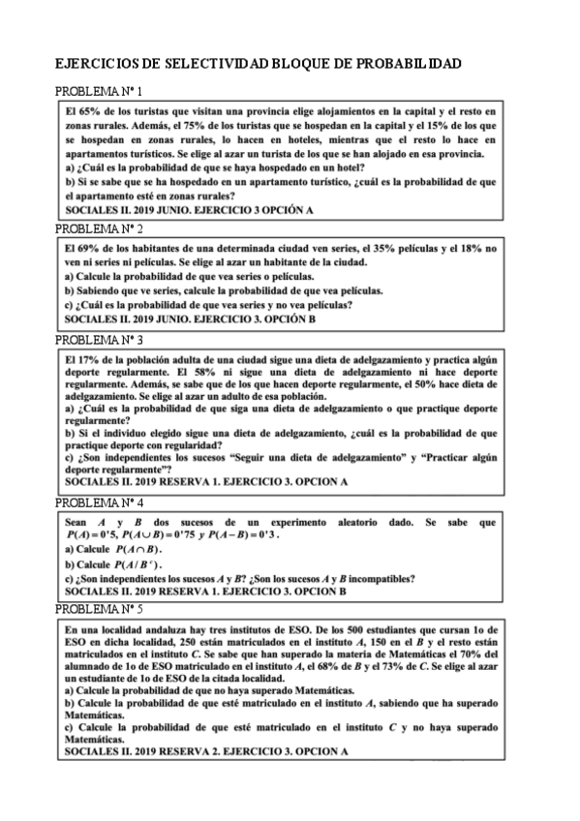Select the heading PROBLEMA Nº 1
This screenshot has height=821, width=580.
click(100, 92)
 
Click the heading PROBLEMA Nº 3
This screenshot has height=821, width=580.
click(100, 341)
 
